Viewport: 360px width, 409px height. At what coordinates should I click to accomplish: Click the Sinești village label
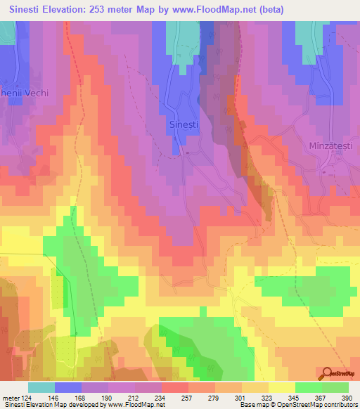coord(185,124)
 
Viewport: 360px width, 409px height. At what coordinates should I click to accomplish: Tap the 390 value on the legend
coord(347,398)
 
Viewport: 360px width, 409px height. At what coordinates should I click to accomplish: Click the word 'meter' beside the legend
coord(10,398)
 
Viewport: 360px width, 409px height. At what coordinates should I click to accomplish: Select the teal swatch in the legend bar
coord(41,387)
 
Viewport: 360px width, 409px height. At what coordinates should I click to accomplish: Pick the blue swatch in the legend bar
coord(67,387)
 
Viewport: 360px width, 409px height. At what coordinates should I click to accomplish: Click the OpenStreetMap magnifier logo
coord(328,374)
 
